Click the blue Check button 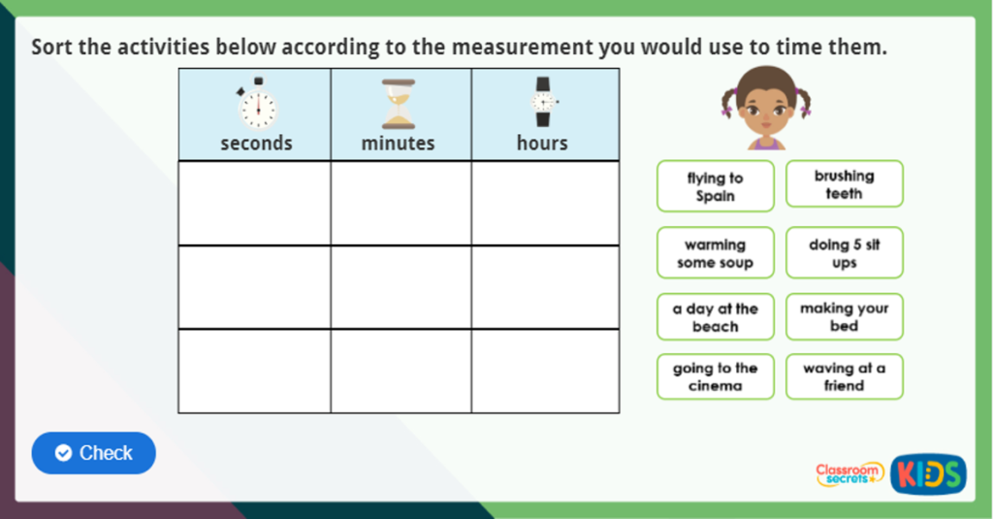[94, 453]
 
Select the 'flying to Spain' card [715, 186]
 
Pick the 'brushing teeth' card [844, 184]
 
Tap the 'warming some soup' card [715, 253]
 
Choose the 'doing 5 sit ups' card [844, 253]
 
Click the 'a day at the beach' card [715, 317]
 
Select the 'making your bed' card [844, 317]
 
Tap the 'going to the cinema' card [715, 376]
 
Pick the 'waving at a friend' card [844, 376]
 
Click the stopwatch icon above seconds [257, 104]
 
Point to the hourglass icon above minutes [398, 104]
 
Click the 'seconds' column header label [256, 144]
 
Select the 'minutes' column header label [398, 144]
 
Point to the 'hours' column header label [542, 144]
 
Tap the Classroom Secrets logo [849, 474]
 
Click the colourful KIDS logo [928, 474]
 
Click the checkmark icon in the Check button [64, 453]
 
